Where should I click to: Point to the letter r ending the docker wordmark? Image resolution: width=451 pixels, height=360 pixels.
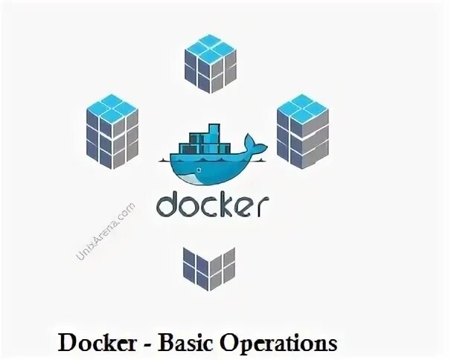point(263,207)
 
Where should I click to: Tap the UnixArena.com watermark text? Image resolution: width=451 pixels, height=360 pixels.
point(106,230)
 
